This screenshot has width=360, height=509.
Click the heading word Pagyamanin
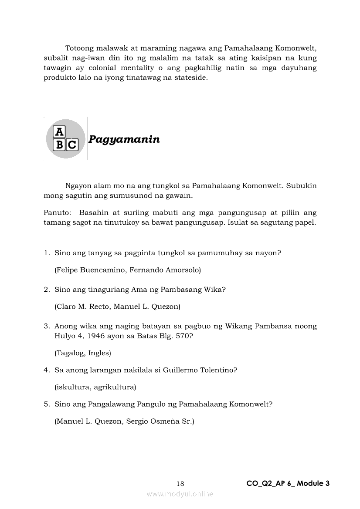click(124, 139)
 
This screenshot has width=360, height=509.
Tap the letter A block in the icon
click(59, 132)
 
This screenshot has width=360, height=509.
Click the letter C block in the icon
click(72, 145)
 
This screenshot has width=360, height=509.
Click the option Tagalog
click(69, 353)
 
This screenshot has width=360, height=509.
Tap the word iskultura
click(72, 387)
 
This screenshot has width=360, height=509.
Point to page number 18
click(180, 484)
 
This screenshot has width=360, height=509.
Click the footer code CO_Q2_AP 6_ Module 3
click(288, 483)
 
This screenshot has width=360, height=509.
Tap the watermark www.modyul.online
click(180, 494)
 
